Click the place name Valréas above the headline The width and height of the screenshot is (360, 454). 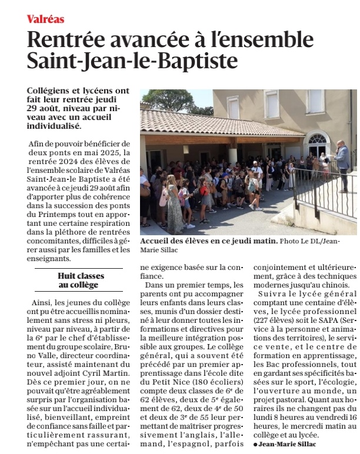tap(45, 19)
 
